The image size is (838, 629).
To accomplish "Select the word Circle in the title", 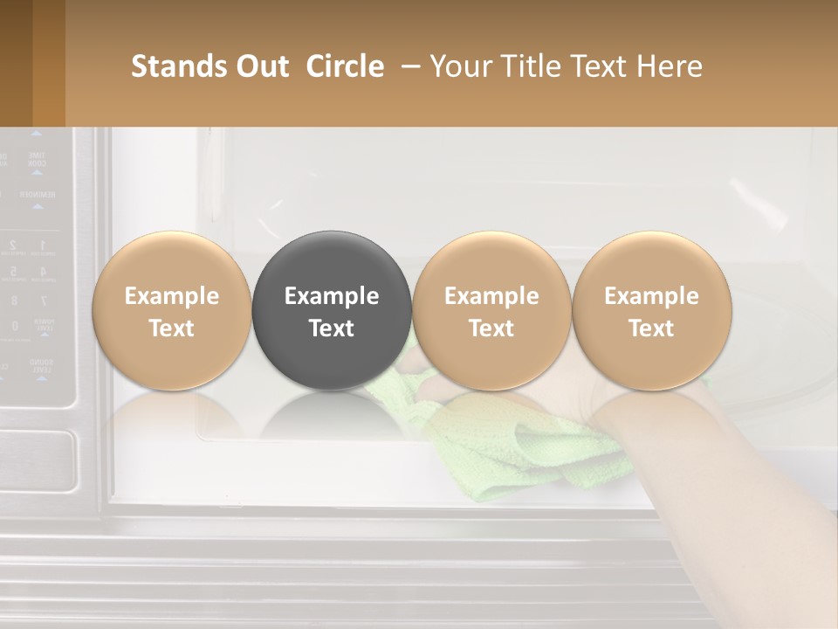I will [345, 66].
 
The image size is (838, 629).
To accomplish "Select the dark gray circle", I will [331, 310].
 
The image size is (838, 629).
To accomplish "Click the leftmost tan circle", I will [171, 310].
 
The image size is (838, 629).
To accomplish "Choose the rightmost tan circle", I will [651, 310].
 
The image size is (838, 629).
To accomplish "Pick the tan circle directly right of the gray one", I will [491, 310].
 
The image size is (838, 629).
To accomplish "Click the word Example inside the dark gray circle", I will [331, 296].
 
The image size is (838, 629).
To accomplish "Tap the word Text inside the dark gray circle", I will [331, 328].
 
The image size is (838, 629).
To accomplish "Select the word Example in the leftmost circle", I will [171, 296].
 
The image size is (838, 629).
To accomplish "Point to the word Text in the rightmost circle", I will [651, 328].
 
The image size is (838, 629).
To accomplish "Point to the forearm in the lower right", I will [742, 489].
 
